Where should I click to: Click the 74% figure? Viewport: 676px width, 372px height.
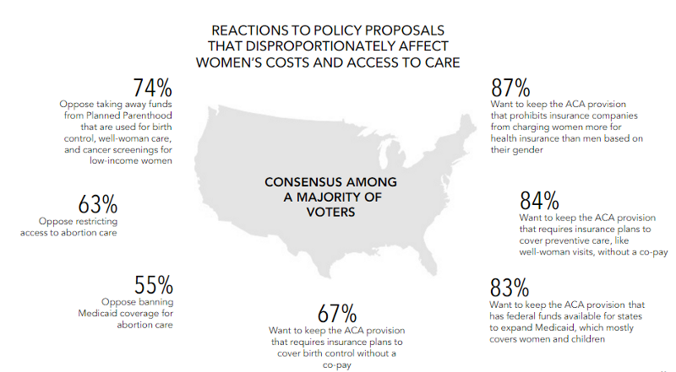tap(153, 89)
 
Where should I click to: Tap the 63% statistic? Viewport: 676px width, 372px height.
tap(97, 205)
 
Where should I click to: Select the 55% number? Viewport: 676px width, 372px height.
tap(155, 284)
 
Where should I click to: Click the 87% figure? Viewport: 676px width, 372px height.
tap(510, 89)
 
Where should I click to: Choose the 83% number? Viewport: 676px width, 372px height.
tap(510, 287)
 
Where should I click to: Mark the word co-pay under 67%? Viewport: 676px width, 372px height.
tap(336, 365)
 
